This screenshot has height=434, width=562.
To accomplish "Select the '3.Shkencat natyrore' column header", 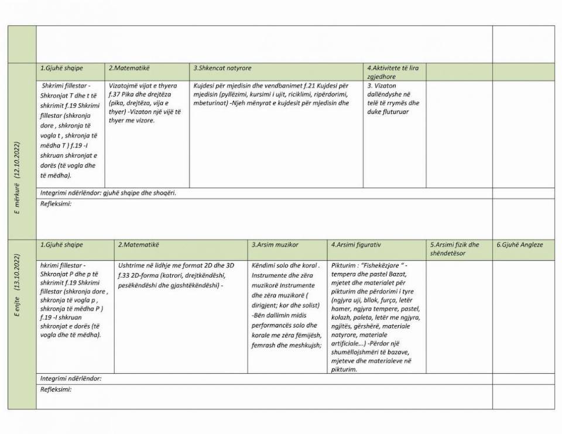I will [x=222, y=69].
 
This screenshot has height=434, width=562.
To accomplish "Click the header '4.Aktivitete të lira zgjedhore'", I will [x=393, y=72].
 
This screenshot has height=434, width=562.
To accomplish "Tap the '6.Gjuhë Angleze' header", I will [x=520, y=244].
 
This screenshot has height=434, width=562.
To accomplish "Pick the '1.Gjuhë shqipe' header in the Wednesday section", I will [x=62, y=69].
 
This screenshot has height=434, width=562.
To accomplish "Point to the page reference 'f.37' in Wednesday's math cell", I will [x=115, y=94].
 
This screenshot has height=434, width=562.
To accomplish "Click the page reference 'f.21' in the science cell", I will [x=310, y=86].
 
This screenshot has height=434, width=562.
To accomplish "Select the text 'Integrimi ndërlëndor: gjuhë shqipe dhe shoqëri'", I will [x=108, y=192].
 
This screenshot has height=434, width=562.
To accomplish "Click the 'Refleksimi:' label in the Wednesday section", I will [x=56, y=203].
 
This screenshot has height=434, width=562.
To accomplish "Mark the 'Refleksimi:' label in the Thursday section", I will [x=56, y=389].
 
